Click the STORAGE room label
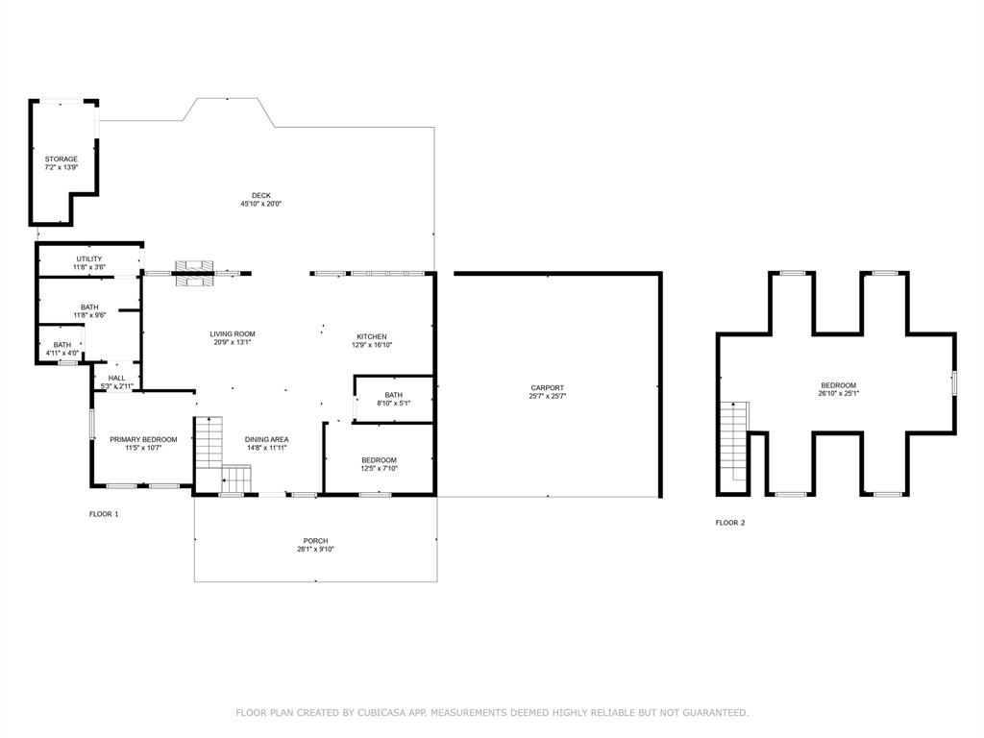point(61,160)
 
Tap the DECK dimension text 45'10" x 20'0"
point(261,204)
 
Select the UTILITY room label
point(88,258)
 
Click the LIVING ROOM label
point(233,334)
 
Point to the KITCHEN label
point(371,336)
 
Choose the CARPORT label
point(547,388)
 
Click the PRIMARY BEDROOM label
point(143,439)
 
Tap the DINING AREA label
point(266,440)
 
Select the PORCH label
point(315,541)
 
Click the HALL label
point(116,378)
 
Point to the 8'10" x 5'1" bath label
point(393,399)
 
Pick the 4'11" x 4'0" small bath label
point(61,349)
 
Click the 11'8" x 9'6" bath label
point(88,311)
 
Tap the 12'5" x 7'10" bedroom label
point(379,464)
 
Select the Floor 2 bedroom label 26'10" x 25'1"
point(838,388)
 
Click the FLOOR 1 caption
point(104,514)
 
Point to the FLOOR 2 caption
point(729,523)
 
